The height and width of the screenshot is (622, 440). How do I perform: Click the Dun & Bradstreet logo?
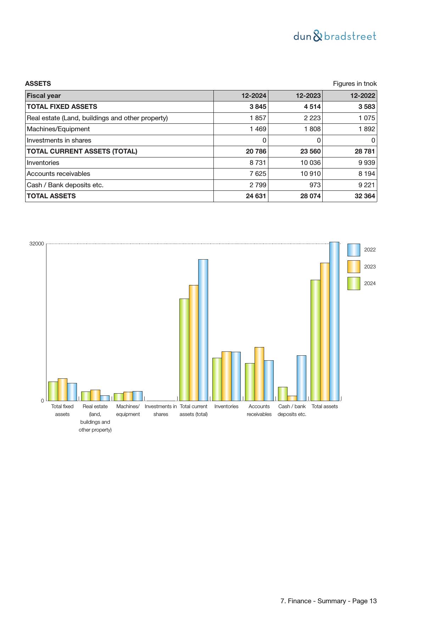tap(335, 36)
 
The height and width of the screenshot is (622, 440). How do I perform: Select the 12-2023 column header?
tap(308, 96)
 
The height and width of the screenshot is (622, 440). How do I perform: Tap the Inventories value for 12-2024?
tap(256, 163)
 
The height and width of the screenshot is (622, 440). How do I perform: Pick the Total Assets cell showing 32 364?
tap(365, 196)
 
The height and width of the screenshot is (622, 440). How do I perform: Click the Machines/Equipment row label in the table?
tap(59, 129)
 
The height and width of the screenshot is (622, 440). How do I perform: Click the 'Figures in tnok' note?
tap(355, 84)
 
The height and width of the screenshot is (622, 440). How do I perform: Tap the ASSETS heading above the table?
tap(38, 84)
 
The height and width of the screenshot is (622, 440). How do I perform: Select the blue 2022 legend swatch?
tap(353, 250)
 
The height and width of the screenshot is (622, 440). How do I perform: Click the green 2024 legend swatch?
tap(353, 283)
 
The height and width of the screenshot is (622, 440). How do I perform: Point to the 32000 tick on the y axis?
tap(37, 244)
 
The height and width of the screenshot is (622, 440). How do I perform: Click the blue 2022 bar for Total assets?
tap(334, 321)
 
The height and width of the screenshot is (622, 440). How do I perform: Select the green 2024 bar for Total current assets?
tap(184, 349)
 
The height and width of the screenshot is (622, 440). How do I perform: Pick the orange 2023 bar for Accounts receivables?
tap(259, 374)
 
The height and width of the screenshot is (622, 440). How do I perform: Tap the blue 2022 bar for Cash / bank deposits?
tap(301, 378)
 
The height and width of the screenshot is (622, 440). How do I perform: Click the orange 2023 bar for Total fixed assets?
tap(62, 389)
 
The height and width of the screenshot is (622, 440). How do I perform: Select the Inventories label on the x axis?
tap(226, 406)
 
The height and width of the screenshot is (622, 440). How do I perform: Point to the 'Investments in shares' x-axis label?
tap(161, 410)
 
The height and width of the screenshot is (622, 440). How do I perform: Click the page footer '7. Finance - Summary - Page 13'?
tap(328, 601)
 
